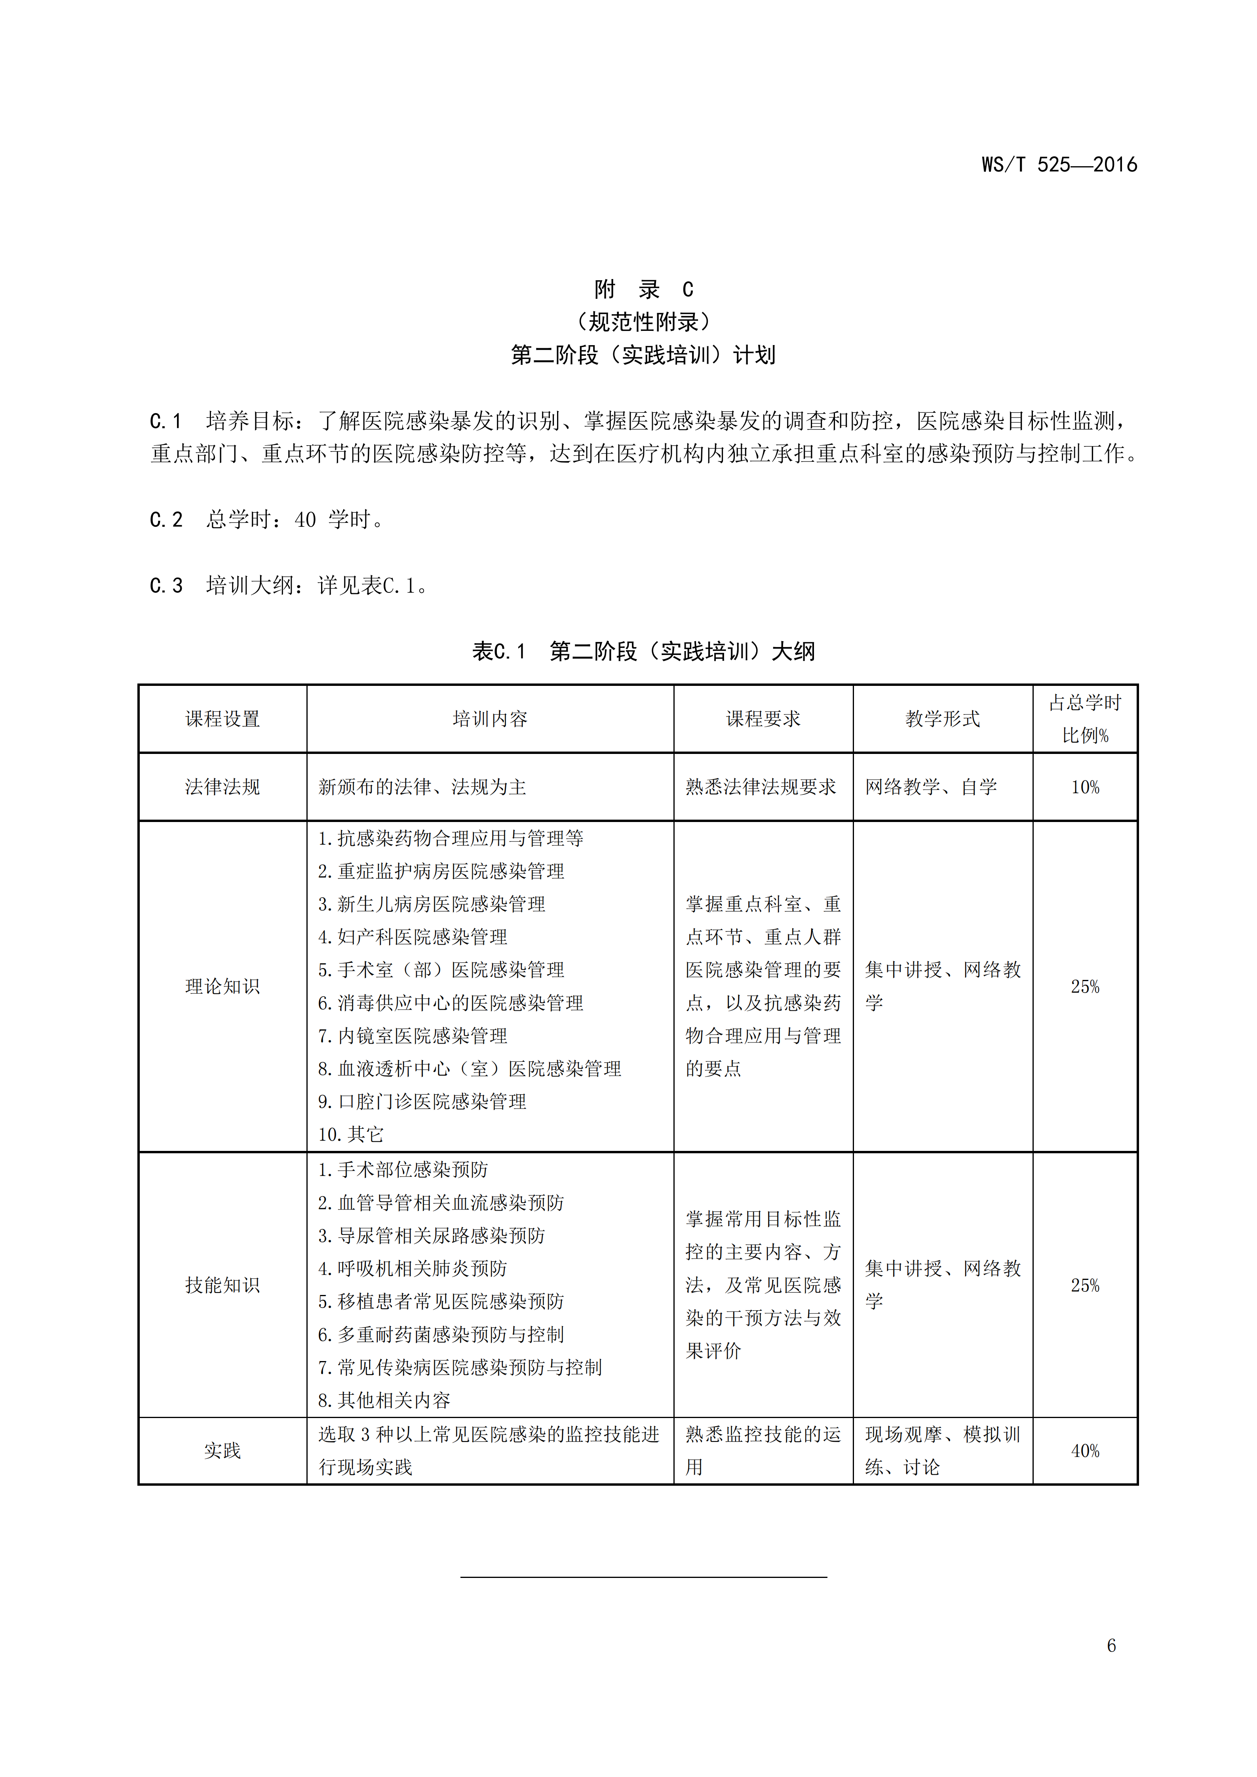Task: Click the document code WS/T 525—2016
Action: pos(1059,165)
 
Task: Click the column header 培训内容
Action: pos(490,719)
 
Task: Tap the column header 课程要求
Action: pos(763,719)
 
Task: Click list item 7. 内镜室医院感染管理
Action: pos(413,1036)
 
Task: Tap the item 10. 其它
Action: pos(351,1135)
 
